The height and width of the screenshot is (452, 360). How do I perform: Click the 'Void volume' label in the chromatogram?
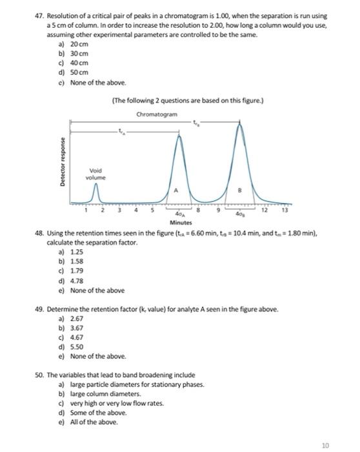pos(96,174)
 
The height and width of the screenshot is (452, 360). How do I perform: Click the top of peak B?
pos(241,125)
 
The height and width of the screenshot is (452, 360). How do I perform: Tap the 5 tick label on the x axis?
pos(152,210)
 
